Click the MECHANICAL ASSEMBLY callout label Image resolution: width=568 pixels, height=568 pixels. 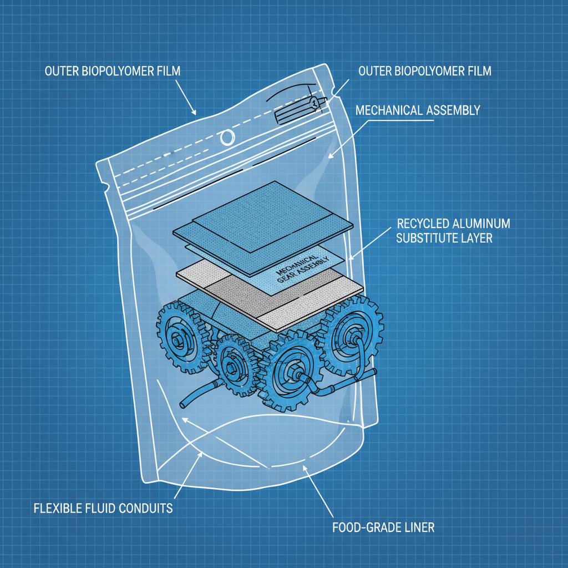click(x=417, y=110)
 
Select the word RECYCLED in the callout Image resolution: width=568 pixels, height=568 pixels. click(x=424, y=224)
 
